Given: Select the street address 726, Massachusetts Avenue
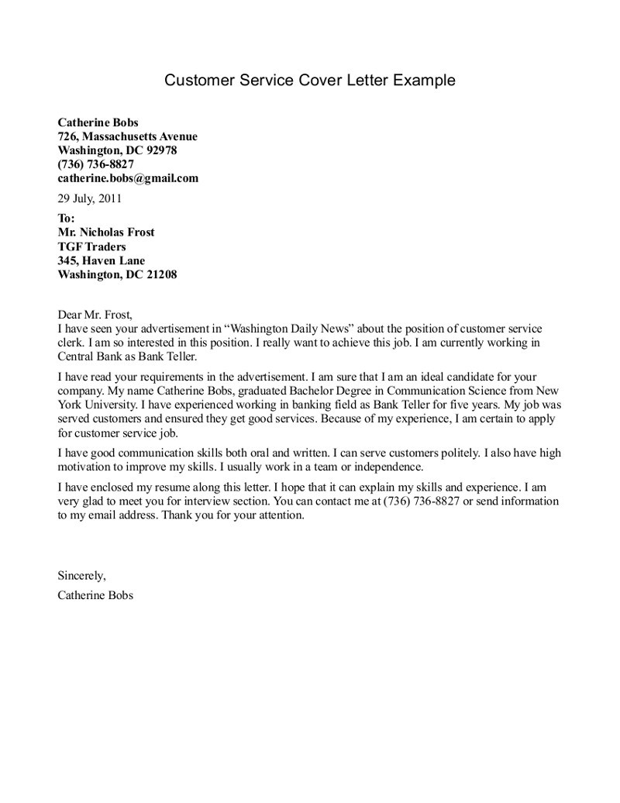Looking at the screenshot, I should [128, 136].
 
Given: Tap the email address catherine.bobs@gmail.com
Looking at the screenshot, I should [128, 178].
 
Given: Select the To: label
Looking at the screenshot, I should [67, 219].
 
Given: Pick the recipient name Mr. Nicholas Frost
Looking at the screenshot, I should [106, 233].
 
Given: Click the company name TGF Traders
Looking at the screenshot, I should [91, 246].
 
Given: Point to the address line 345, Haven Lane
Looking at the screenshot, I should [101, 260].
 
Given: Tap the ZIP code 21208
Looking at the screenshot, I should [160, 274].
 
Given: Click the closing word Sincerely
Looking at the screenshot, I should [81, 575].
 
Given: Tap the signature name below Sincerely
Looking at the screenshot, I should [95, 595].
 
